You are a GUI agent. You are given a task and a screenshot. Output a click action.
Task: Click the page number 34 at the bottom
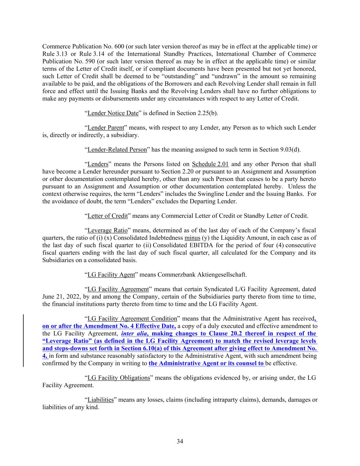click(x=180, y=441)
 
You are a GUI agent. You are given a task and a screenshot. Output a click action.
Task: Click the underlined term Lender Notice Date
click(x=113, y=113)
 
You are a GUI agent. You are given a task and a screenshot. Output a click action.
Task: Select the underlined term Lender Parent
click(x=106, y=128)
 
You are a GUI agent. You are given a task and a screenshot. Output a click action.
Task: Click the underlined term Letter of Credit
click(x=107, y=216)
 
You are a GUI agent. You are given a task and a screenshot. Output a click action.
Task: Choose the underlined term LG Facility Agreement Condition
click(x=132, y=319)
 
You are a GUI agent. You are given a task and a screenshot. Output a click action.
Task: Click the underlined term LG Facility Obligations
click(x=119, y=378)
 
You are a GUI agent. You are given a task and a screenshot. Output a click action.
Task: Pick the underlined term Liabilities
click(x=100, y=400)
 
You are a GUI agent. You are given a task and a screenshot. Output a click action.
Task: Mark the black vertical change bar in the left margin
click(x=23, y=341)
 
